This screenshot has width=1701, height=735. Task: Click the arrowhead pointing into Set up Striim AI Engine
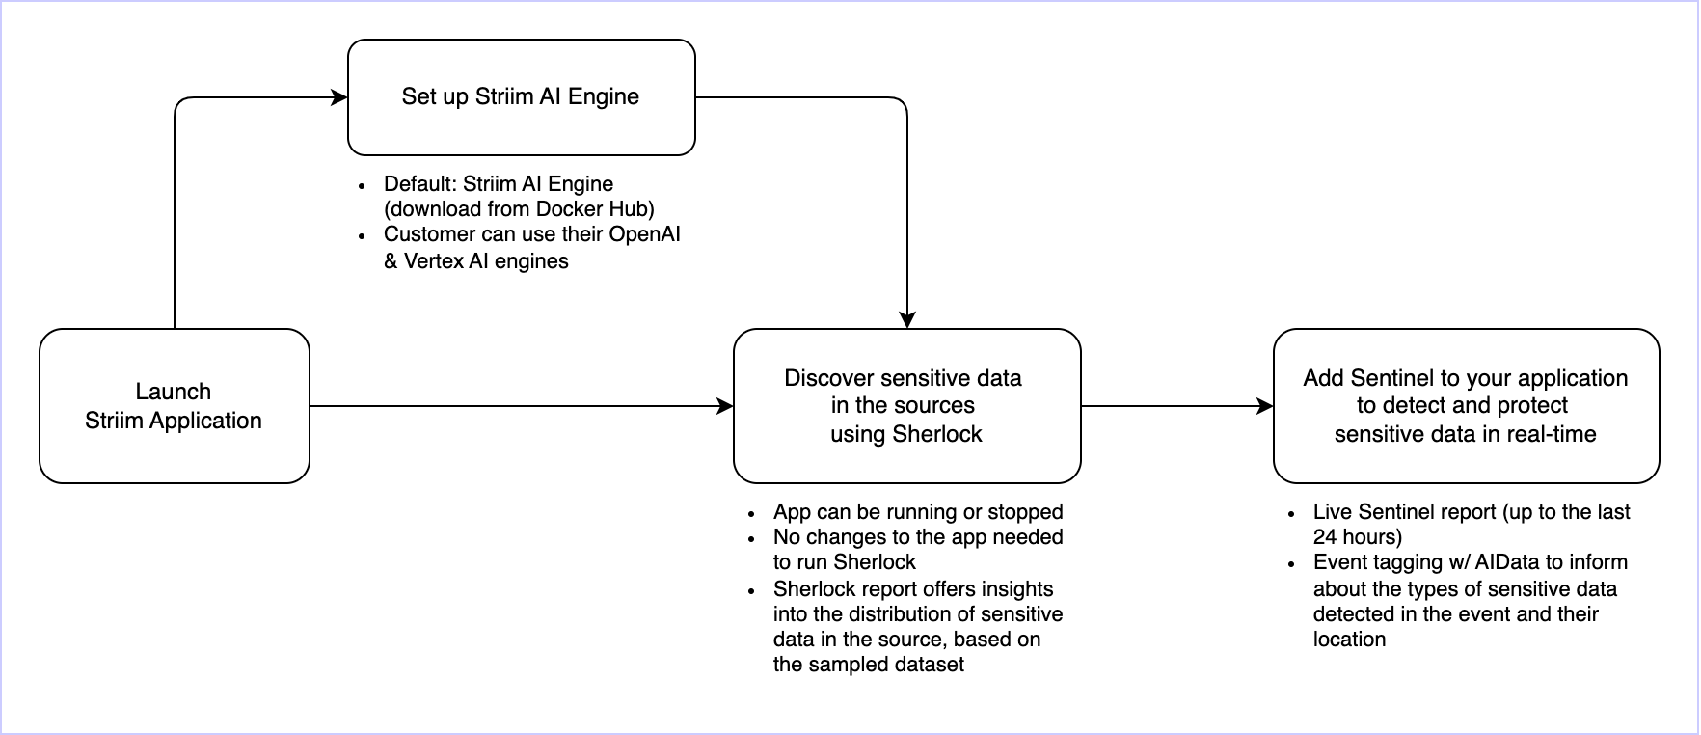coord(339,97)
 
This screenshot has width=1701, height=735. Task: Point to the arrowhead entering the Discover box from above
coord(906,320)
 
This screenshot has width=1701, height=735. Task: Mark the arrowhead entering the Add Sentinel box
coord(1265,406)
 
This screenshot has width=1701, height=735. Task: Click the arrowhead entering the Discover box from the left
coord(725,406)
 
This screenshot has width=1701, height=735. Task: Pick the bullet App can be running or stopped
coord(918,512)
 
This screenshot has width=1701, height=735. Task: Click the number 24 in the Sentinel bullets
coord(1325,537)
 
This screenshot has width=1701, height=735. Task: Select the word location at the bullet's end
coord(1349,640)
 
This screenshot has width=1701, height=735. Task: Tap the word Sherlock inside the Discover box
coord(936,434)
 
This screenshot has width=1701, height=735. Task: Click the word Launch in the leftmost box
coord(174,392)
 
